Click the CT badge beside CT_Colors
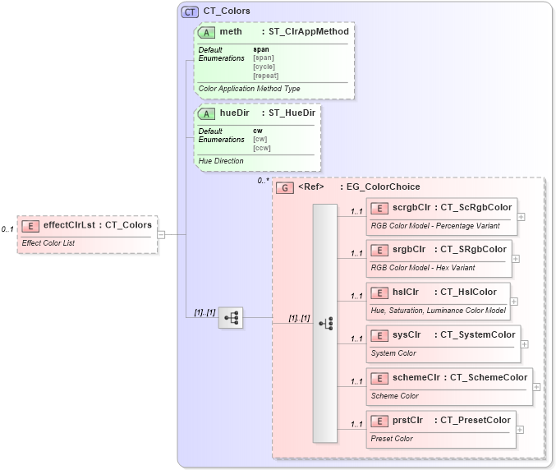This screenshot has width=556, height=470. click(x=190, y=12)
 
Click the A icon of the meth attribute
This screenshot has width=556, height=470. click(x=207, y=32)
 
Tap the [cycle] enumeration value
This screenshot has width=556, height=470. click(x=264, y=67)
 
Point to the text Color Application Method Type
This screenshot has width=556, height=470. click(x=250, y=89)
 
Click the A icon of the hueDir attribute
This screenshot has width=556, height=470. click(x=207, y=113)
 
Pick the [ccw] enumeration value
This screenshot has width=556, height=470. click(x=262, y=148)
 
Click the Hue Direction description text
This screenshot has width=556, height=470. click(x=221, y=161)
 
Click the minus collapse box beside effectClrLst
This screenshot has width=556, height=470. click(x=162, y=234)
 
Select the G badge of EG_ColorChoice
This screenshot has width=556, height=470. click(x=285, y=187)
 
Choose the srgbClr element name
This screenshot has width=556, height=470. click(x=408, y=249)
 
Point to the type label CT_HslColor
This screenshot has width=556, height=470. click(x=468, y=292)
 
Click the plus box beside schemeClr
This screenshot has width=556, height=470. click(x=537, y=386)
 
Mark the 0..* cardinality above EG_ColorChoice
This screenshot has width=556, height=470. click(x=263, y=181)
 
